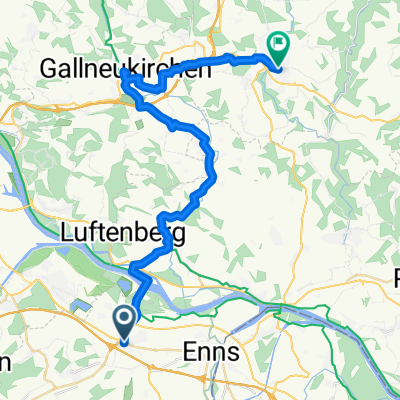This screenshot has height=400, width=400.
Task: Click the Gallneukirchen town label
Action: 125,69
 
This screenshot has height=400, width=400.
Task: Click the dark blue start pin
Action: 125,323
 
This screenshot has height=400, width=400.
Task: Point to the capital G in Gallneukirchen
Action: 49,69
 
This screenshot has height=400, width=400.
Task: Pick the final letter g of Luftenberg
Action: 177,239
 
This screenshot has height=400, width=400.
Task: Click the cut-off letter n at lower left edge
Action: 4,361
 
